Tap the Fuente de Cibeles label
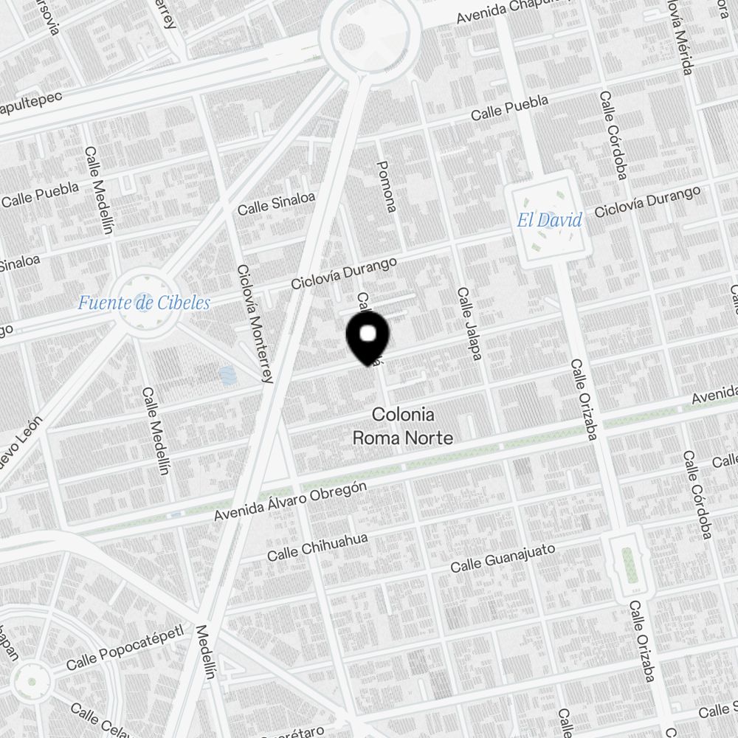(x=145, y=303)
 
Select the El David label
(x=549, y=220)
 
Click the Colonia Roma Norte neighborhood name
(x=402, y=426)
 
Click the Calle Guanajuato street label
(x=503, y=556)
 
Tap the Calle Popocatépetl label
(x=124, y=650)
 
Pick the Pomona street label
(x=387, y=186)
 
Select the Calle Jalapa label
(x=469, y=324)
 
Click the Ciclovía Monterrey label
(x=255, y=325)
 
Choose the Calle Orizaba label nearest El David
(x=582, y=401)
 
